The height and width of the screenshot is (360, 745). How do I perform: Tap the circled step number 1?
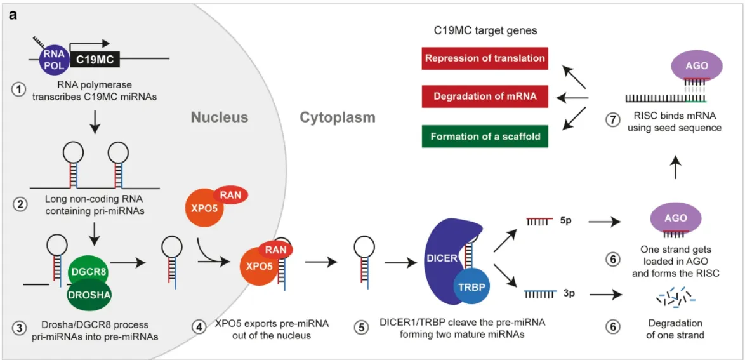coord(20,90)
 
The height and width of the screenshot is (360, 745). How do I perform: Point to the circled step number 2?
coord(20,205)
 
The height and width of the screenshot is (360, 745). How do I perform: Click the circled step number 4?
coord(199,328)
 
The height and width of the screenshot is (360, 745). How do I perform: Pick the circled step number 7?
coord(612,122)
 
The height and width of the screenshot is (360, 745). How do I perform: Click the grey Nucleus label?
coord(220,117)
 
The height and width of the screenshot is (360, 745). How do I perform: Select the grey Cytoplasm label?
coord(338,117)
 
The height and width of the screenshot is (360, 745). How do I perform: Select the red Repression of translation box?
coord(485,58)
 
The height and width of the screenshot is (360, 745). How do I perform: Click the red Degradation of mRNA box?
coord(485,97)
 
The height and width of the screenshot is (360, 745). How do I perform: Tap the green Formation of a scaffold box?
coord(485,136)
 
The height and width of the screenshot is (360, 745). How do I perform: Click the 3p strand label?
coord(568,295)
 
